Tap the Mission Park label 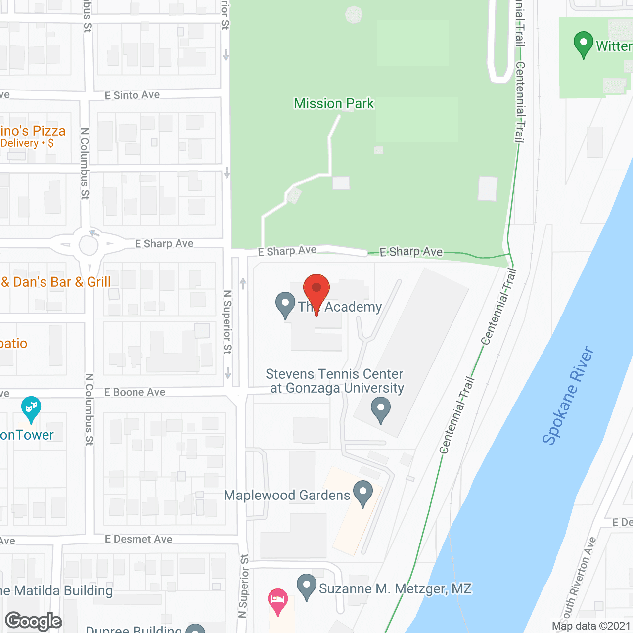(x=334, y=103)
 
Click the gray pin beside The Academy (x=285, y=304)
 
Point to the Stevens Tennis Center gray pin (x=380, y=410)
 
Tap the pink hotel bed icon (x=278, y=600)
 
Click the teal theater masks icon (x=31, y=408)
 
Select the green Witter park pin (x=584, y=44)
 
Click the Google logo (x=34, y=621)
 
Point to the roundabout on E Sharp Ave (x=89, y=245)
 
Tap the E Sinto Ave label (x=132, y=95)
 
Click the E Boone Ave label (x=135, y=392)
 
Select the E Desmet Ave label (x=138, y=539)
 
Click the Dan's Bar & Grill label (x=55, y=282)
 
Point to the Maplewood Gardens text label (x=287, y=495)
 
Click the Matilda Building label (x=57, y=590)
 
